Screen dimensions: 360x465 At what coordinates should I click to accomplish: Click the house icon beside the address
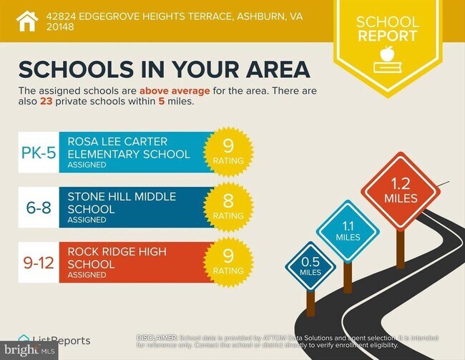[x=26, y=21]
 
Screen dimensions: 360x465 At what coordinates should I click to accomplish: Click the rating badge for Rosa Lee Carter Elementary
[x=228, y=152]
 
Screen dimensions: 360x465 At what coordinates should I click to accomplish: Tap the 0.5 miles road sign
[x=310, y=264]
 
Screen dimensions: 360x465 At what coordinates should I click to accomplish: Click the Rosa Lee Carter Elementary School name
[x=129, y=147]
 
